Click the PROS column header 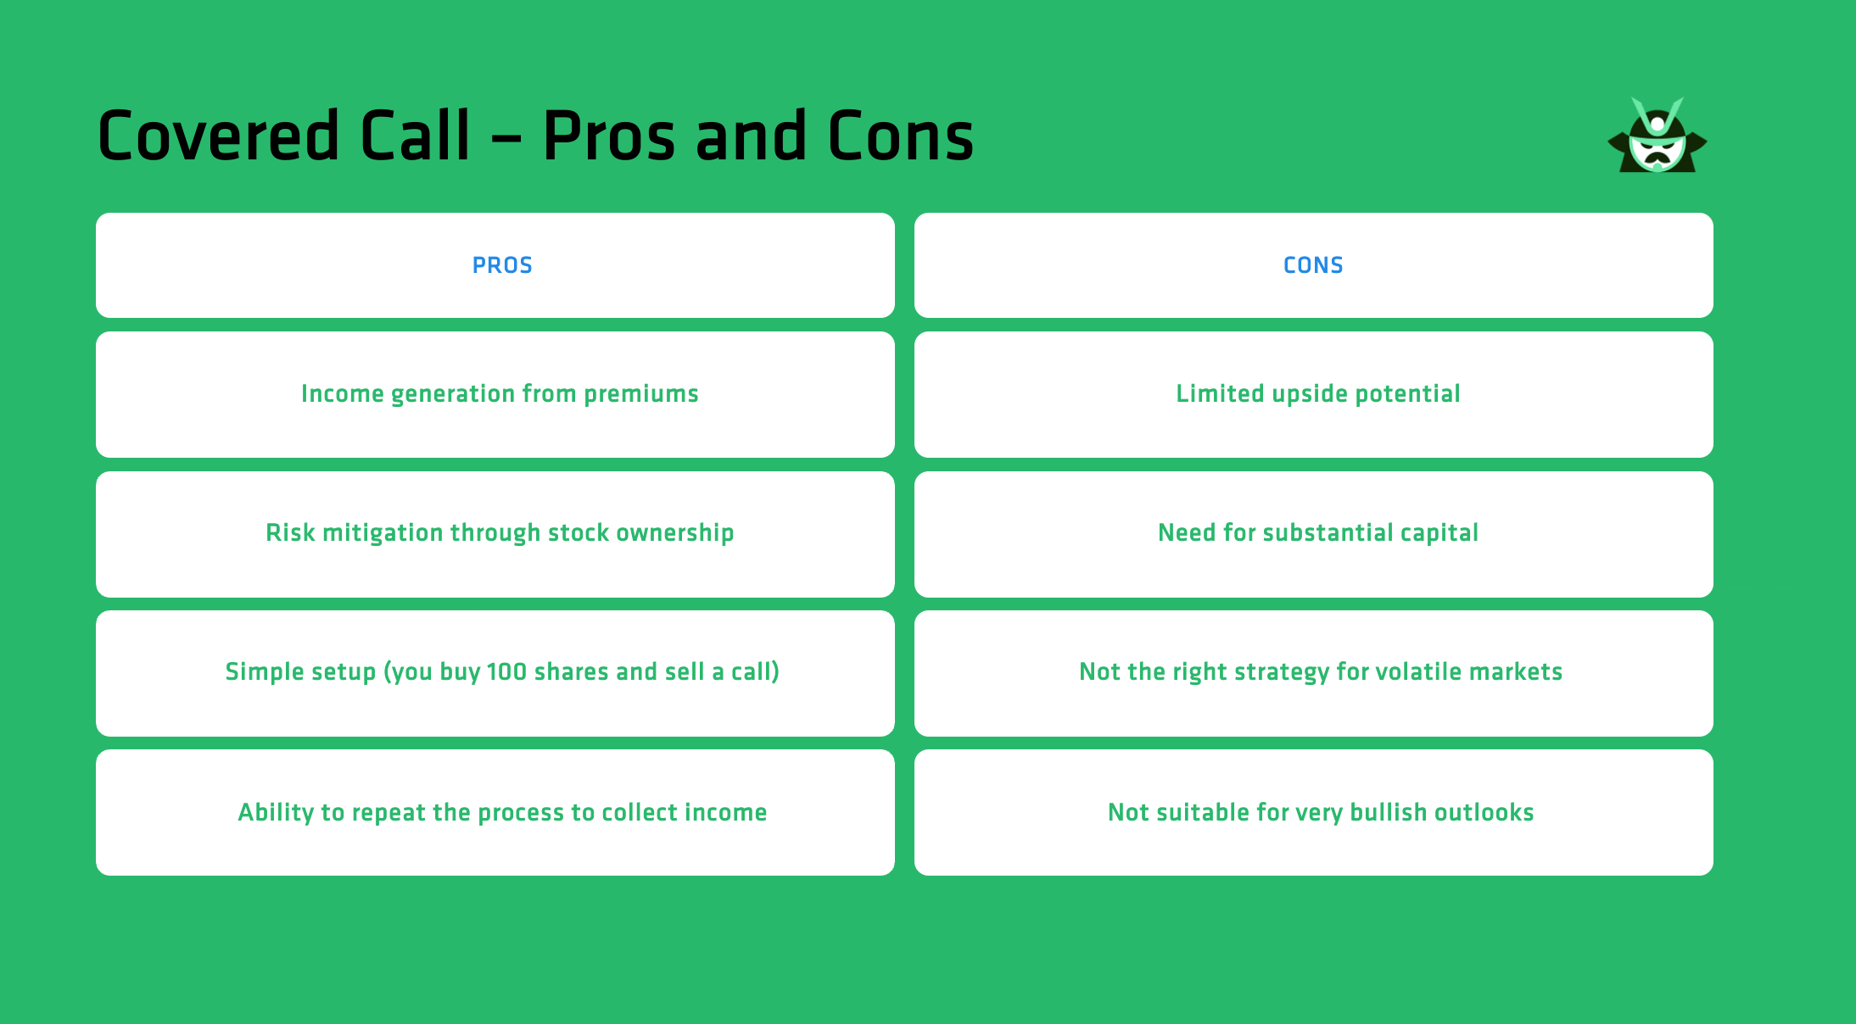pos(502,265)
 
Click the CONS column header pos(1313,265)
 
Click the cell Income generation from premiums pos(500,394)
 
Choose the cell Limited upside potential pos(1317,394)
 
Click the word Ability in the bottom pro pos(276,812)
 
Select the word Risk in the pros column pos(290,533)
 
